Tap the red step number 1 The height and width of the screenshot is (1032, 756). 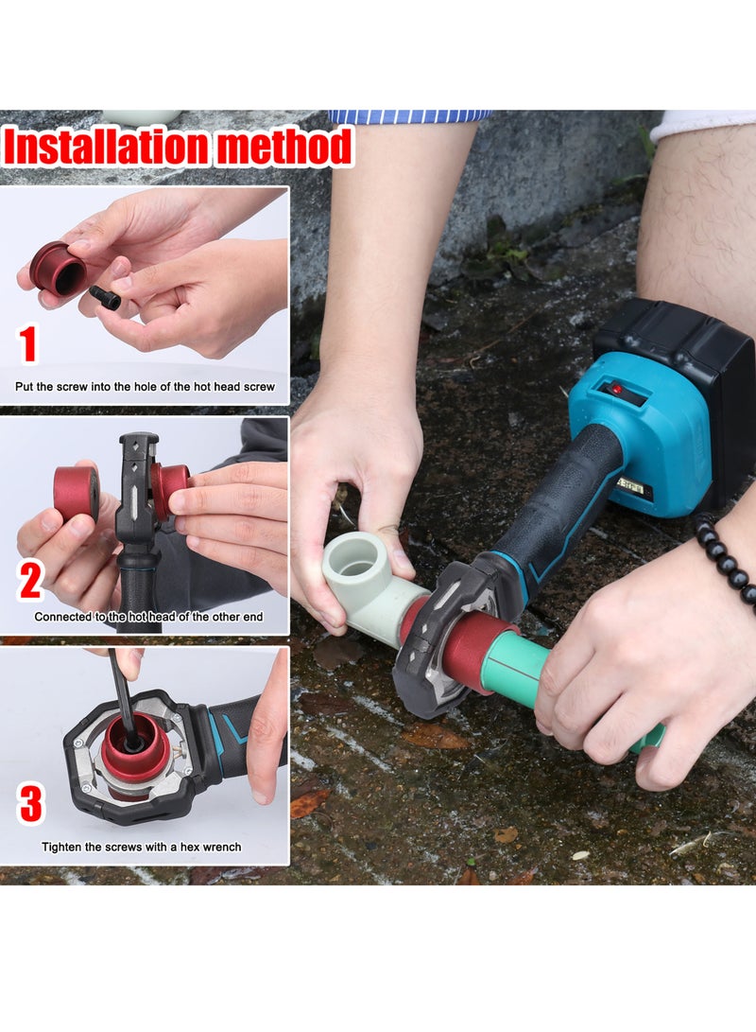(x=28, y=344)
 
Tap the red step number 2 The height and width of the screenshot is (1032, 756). (x=30, y=580)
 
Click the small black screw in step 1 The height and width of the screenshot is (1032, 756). (x=105, y=297)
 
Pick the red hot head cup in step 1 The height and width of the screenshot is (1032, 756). (x=58, y=267)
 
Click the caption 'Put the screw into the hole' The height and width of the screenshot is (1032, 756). (x=145, y=387)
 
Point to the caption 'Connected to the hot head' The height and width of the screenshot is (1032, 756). (x=148, y=617)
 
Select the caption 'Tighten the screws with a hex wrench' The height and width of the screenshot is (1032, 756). (x=141, y=847)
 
